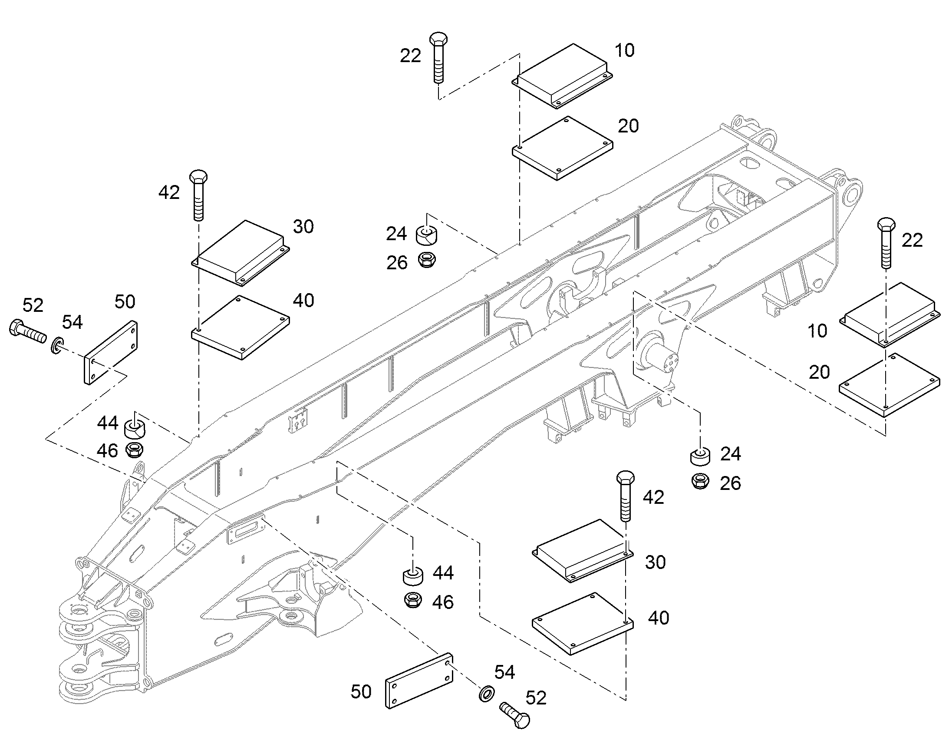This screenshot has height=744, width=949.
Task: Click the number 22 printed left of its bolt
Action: click(x=411, y=56)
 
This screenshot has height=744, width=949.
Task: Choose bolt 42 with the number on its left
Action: click(x=198, y=195)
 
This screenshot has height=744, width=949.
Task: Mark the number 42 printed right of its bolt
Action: click(x=653, y=497)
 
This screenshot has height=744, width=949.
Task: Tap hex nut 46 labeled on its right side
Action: click(x=413, y=600)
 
